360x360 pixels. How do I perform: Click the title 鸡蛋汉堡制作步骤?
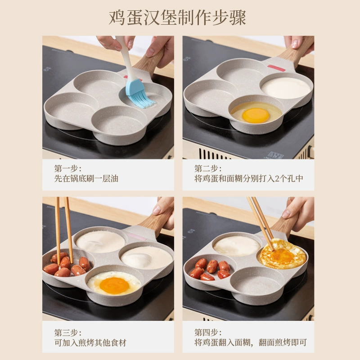(177, 18)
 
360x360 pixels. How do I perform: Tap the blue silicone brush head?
(139, 94)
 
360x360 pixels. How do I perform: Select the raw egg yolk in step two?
(256, 115)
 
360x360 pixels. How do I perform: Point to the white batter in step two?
(286, 88)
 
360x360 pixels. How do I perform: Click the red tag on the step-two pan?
(276, 68)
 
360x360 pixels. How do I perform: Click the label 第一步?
(68, 169)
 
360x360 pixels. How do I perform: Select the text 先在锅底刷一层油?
(86, 179)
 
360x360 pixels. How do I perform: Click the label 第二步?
(208, 169)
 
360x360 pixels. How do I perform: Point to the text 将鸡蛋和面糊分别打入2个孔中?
(249, 179)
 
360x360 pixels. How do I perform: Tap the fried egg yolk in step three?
(114, 285)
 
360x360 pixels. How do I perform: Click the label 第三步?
(68, 333)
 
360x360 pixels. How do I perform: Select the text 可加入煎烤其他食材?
(90, 343)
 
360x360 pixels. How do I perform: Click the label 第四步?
(208, 333)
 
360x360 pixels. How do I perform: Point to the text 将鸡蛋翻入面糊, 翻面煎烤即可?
(251, 343)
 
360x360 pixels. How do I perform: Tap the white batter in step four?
(237, 246)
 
